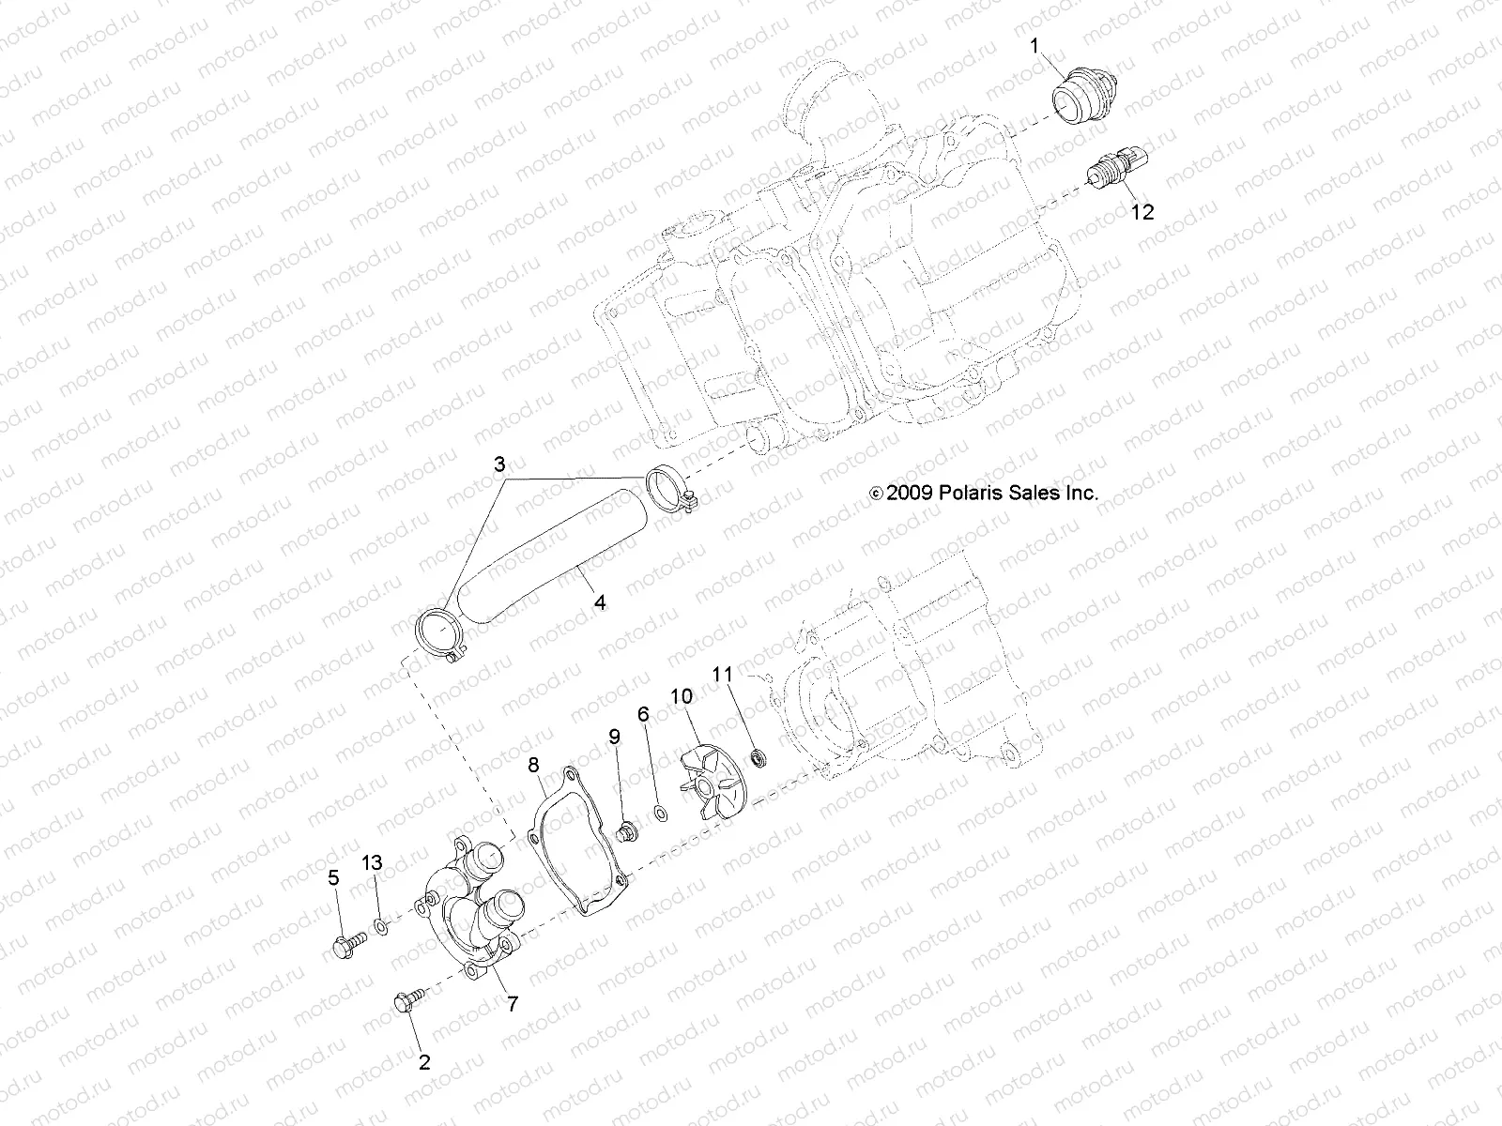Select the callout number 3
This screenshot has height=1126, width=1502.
click(x=500, y=464)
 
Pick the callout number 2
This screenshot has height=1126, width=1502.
click(x=424, y=1062)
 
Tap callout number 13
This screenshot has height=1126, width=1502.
click(x=373, y=862)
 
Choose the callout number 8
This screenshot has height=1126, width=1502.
click(x=533, y=766)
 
